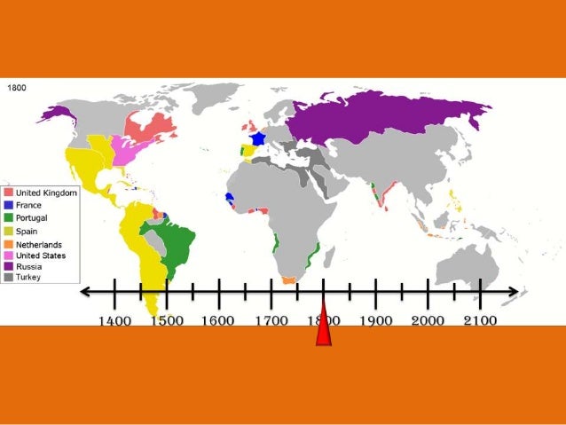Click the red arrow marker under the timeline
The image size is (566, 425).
click(x=324, y=329)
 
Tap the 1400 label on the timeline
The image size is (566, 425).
click(x=114, y=319)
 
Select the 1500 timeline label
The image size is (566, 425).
click(x=166, y=319)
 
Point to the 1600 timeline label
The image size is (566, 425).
click(x=218, y=319)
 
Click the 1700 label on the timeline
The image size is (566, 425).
click(x=271, y=319)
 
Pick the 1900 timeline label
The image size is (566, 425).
click(x=375, y=319)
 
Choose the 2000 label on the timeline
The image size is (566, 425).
click(x=428, y=319)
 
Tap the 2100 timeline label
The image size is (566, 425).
click(x=480, y=319)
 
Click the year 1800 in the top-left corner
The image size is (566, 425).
click(x=19, y=88)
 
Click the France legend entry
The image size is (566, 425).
click(x=29, y=205)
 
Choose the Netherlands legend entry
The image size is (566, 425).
click(x=38, y=243)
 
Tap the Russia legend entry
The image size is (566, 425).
click(x=30, y=265)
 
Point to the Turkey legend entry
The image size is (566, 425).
click(x=30, y=277)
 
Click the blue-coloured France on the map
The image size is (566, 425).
click(x=258, y=138)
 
